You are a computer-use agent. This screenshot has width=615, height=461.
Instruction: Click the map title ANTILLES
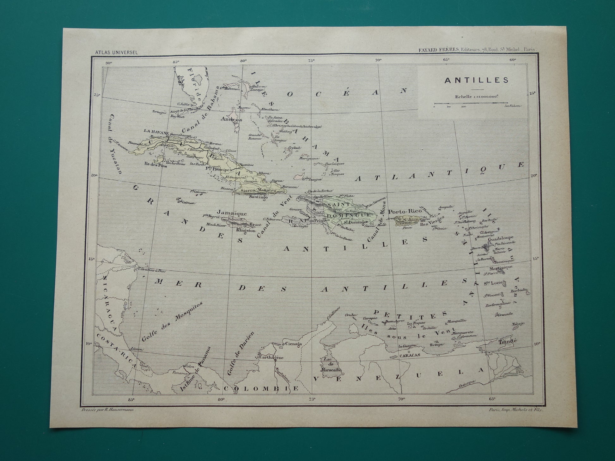[477, 80]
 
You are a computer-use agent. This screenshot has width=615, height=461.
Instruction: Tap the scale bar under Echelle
[471, 103]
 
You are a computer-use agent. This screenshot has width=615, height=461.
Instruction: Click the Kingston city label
[246, 230]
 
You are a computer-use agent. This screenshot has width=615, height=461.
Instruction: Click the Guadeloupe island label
[501, 238]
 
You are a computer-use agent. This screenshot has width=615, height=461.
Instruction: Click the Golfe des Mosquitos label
[172, 321]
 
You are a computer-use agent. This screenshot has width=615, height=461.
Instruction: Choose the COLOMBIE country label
[261, 388]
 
